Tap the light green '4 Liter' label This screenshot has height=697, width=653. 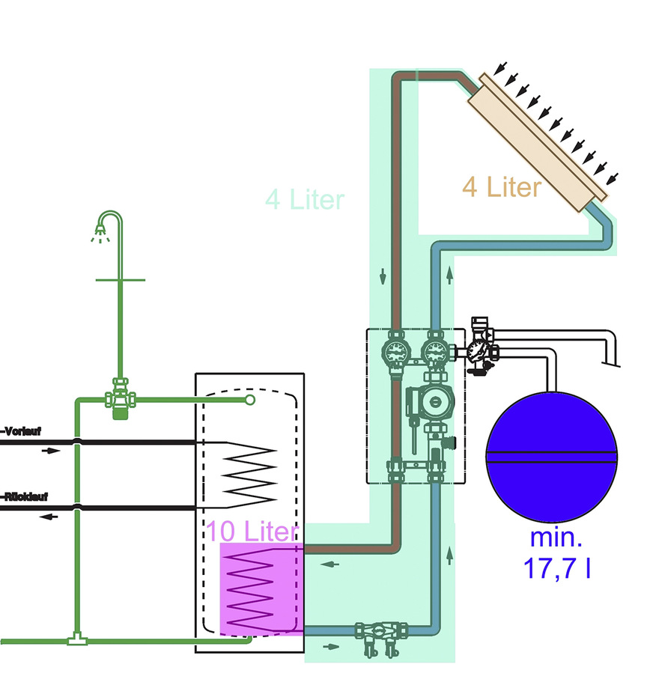(x=305, y=200)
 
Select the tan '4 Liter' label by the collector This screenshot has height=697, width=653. (x=501, y=186)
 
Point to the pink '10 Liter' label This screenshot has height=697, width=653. (x=252, y=532)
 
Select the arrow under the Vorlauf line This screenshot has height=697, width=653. (x=49, y=451)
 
